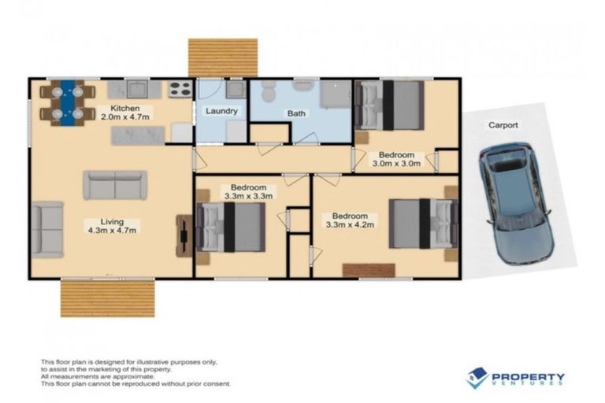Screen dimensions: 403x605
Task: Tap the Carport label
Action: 503,125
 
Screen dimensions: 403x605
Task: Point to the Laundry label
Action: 221,112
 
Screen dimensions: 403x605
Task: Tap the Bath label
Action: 296,113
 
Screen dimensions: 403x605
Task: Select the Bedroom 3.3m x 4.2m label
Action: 350,220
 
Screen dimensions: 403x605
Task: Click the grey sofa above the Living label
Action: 115,185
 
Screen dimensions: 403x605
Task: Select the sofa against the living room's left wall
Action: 48,229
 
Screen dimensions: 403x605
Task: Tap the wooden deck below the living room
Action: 107,298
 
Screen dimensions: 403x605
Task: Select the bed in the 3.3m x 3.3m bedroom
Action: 232,227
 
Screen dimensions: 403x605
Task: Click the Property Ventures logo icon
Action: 477,378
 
